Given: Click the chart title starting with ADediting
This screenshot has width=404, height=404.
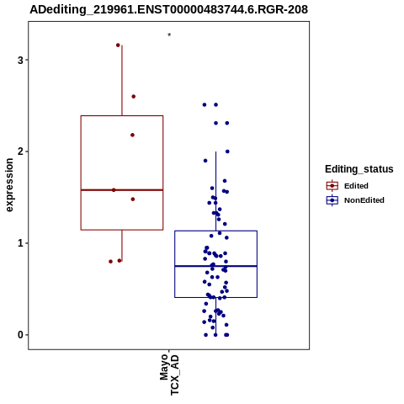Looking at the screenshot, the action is click(168, 9).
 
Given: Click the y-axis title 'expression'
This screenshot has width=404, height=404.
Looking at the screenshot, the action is click(9, 185).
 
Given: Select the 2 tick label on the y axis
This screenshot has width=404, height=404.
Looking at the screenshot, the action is click(20, 151).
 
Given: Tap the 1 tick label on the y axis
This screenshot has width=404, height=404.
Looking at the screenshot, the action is click(20, 243).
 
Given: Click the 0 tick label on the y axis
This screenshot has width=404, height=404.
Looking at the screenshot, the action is click(20, 335).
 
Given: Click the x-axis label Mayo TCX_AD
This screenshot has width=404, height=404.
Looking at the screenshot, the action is click(169, 375).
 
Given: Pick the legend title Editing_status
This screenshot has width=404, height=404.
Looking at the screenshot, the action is click(359, 169).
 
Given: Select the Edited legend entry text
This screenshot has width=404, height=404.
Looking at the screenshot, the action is click(356, 186).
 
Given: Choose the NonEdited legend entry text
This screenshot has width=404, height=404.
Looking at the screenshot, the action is click(364, 200).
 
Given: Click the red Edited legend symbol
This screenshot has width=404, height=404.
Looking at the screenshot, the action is click(332, 186).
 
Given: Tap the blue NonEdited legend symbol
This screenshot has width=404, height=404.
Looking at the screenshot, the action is click(332, 200).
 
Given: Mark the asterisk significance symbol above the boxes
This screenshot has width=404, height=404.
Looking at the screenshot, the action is click(169, 35).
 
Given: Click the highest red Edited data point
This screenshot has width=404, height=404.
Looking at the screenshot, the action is click(118, 45).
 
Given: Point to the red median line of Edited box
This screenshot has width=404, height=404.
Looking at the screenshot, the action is click(122, 190).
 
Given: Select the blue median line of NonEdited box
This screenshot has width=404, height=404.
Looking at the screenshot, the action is click(216, 266).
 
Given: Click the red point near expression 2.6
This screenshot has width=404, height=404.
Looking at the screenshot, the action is click(134, 97).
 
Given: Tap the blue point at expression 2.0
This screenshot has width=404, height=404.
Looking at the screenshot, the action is click(227, 151).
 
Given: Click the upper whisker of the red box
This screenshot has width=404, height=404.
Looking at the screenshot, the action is click(122, 81).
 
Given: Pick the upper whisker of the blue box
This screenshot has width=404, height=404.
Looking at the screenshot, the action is click(216, 191).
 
